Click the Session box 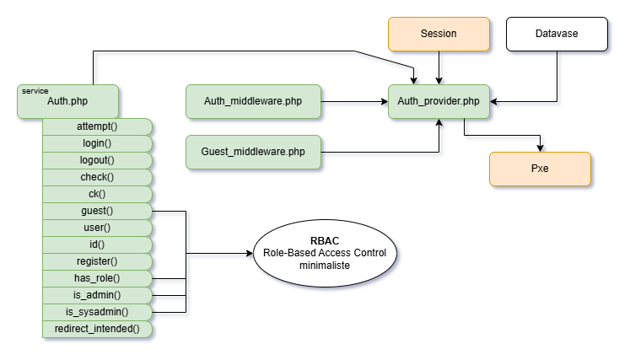(439, 34)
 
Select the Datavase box (557, 34)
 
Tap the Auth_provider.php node (439, 101)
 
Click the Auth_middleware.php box (253, 101)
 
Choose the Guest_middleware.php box (253, 152)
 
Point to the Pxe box (540, 169)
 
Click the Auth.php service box (67, 101)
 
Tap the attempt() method (97, 126)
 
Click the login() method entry (97, 143)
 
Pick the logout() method (97, 160)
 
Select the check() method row (97, 177)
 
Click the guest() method (97, 211)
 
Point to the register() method (97, 261)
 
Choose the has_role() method (97, 278)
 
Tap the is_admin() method (97, 295)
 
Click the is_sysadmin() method (97, 312)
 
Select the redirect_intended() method (97, 329)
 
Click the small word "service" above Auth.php (35, 90)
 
